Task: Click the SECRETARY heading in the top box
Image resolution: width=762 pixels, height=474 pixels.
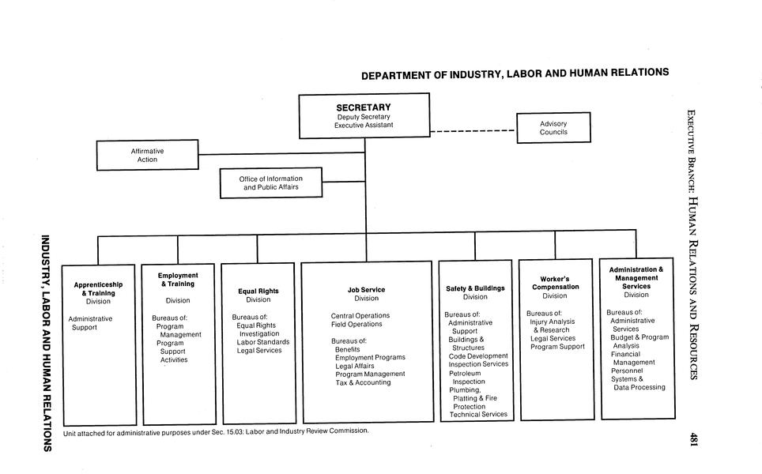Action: tap(364, 107)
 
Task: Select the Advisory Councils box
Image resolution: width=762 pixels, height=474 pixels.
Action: tap(553, 128)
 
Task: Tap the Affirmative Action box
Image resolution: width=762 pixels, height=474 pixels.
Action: tap(147, 155)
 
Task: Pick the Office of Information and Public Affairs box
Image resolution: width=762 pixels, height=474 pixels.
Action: tap(271, 183)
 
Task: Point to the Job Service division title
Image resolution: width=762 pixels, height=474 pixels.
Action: tap(366, 290)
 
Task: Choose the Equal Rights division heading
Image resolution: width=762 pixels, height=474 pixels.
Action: tap(258, 292)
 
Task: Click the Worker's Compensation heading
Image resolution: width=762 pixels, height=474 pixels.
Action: tap(555, 283)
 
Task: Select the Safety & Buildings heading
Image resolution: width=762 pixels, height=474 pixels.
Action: tap(475, 288)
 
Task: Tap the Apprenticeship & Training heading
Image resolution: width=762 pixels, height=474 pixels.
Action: tap(98, 288)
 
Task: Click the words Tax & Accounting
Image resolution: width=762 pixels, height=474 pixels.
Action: tap(363, 382)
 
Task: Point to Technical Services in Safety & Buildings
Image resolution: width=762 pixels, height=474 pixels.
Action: tap(478, 415)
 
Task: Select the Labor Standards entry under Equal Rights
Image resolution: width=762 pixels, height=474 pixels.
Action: tap(262, 342)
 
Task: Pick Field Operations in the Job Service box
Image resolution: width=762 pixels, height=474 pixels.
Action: tap(356, 325)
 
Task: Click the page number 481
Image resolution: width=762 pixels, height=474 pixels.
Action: tap(692, 439)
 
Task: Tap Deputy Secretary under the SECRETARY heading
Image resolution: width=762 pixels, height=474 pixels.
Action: tap(364, 117)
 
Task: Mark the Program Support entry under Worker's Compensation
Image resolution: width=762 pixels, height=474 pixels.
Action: tap(557, 347)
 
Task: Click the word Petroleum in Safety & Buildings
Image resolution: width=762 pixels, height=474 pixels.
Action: tap(465, 373)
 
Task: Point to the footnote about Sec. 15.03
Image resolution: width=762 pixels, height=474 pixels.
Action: tap(216, 431)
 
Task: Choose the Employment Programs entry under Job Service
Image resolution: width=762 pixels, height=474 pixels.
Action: tap(370, 358)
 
